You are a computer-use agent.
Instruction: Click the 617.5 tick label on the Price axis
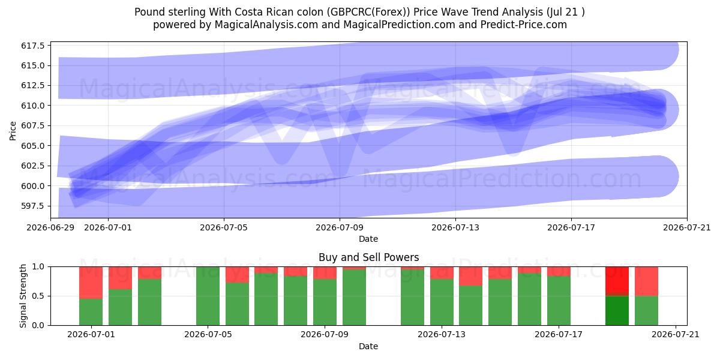tap(33, 46)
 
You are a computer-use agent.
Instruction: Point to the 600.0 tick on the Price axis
tap(33, 186)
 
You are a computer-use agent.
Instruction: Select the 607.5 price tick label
tap(33, 125)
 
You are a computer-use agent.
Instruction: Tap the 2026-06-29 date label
tap(50, 227)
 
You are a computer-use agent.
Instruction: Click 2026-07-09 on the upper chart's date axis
tap(340, 227)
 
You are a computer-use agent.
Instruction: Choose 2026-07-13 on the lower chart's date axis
tap(442, 334)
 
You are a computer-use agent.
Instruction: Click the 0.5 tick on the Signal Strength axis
tap(38, 296)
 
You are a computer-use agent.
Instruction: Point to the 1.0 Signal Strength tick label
tap(38, 267)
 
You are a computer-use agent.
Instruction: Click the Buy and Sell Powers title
tap(368, 257)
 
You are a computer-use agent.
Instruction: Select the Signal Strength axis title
tap(23, 296)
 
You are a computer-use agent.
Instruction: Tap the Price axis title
tap(13, 131)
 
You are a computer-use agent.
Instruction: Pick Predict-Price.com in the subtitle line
tap(524, 25)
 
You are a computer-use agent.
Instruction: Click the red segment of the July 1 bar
tap(91, 283)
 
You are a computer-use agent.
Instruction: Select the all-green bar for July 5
tap(208, 296)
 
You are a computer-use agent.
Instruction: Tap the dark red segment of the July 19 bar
tap(617, 281)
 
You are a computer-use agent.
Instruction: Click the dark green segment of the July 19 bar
tap(617, 311)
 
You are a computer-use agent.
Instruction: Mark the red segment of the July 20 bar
tap(646, 281)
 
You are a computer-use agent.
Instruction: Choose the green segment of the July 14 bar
tap(470, 305)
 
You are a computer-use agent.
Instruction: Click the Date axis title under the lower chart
tap(368, 346)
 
